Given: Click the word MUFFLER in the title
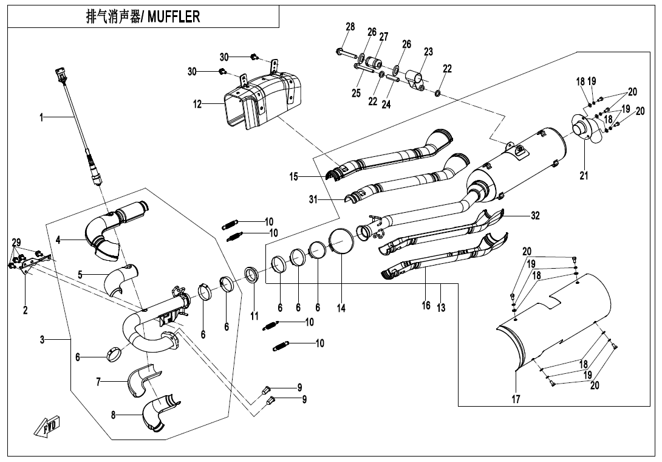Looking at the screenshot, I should (x=174, y=16).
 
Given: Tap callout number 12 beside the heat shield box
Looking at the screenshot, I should (x=197, y=104).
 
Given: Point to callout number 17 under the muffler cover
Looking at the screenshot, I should (x=516, y=399).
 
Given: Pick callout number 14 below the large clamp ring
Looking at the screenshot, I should (x=341, y=308).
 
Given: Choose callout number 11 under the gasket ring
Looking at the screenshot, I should (x=254, y=316).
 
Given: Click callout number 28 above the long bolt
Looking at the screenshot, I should (x=350, y=27).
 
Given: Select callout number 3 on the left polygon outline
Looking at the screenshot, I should (x=43, y=340).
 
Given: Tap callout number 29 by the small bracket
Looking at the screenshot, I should (x=15, y=243).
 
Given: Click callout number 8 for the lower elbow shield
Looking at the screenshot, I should (x=113, y=415).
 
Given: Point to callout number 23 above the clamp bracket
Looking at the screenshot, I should (x=428, y=52).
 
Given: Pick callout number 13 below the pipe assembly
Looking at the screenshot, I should (x=441, y=308).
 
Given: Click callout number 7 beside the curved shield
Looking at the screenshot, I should (x=98, y=382).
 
